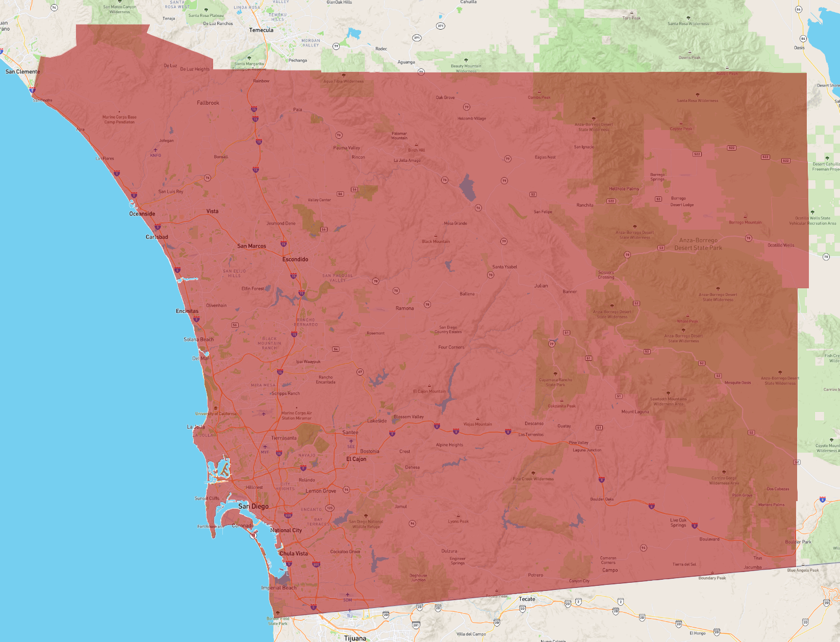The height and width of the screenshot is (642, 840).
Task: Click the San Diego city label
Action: pyautogui.click(x=253, y=506)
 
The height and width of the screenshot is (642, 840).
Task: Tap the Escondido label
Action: pyautogui.click(x=295, y=259)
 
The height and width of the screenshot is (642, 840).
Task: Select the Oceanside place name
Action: pyautogui.click(x=142, y=214)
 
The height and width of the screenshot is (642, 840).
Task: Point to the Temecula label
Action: pyautogui.click(x=261, y=30)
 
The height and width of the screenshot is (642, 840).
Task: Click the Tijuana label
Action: pyautogui.click(x=355, y=638)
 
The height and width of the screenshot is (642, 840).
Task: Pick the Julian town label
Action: pyautogui.click(x=541, y=286)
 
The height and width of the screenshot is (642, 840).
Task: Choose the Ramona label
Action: pyautogui.click(x=404, y=308)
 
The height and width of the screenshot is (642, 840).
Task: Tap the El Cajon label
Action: pyautogui.click(x=356, y=459)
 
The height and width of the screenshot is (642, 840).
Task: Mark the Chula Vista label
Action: pyautogui.click(x=293, y=553)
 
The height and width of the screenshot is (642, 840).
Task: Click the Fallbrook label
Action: pyautogui.click(x=208, y=103)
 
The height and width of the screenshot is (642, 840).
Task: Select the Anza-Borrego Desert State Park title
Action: pyautogui.click(x=698, y=244)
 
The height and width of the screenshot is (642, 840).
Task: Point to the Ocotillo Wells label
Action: pyautogui.click(x=781, y=245)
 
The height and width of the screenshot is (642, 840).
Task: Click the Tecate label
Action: pyautogui.click(x=527, y=599)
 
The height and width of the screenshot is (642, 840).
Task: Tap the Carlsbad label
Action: pyautogui.click(x=157, y=237)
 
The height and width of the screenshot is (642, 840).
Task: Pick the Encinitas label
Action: pyautogui.click(x=187, y=311)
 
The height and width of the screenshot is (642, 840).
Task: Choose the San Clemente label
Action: pyautogui.click(x=22, y=71)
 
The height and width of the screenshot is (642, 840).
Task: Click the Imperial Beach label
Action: pyautogui.click(x=278, y=587)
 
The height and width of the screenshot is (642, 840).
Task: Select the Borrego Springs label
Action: pyautogui.click(x=657, y=177)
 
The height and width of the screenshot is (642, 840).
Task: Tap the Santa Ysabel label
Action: pyautogui.click(x=504, y=267)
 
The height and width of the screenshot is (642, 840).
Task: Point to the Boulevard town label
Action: pyautogui.click(x=709, y=539)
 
